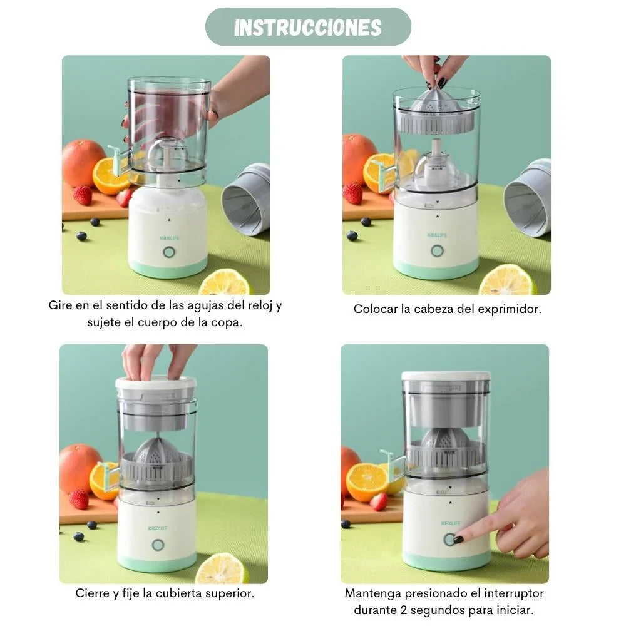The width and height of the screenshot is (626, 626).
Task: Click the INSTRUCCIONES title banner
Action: (x=308, y=27)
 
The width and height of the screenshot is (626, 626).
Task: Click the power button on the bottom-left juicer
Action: (x=158, y=545)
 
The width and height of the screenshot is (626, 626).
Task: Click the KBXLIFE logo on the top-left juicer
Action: (x=167, y=235)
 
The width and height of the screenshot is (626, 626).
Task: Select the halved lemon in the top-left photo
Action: (x=225, y=283)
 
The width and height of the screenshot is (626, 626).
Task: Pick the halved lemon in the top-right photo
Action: (x=507, y=280)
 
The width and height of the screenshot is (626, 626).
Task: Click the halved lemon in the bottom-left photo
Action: (x=221, y=568)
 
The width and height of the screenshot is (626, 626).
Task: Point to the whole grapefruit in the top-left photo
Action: (x=83, y=163)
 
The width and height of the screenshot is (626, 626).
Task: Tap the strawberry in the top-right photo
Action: (x=353, y=193)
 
